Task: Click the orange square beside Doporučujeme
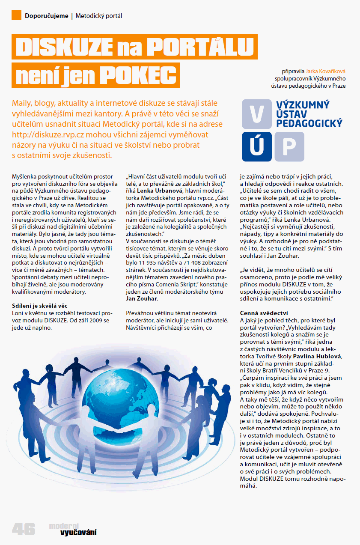click(x=16, y=15)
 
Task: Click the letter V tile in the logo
click(x=256, y=114)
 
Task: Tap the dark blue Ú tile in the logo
click(x=256, y=146)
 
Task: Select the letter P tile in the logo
click(x=289, y=146)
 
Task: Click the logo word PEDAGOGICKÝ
click(x=309, y=123)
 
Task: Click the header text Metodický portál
click(x=99, y=16)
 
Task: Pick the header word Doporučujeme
click(x=47, y=16)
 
